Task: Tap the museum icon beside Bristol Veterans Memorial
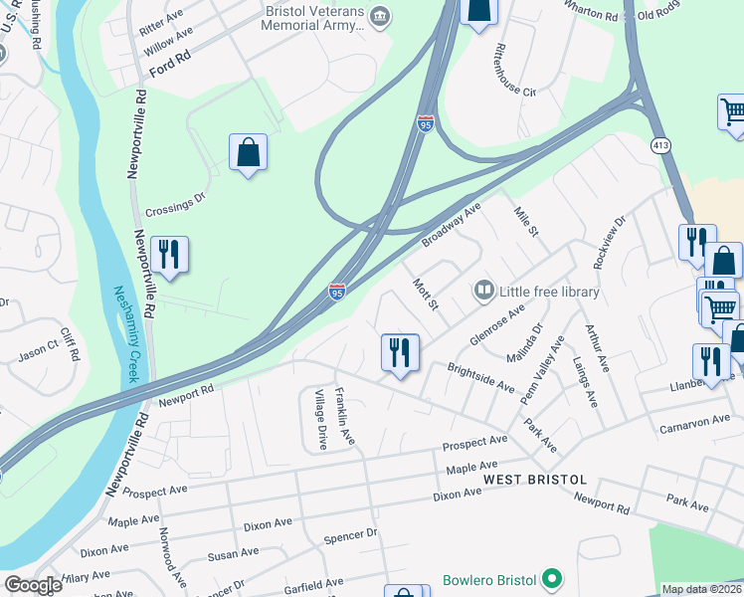point(380,16)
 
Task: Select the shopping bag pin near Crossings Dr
point(248,154)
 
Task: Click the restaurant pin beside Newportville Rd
point(169,255)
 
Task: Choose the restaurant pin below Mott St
point(400,353)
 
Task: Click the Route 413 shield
point(662,145)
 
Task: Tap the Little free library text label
point(548,292)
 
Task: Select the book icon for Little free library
point(484,291)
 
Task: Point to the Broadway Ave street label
point(452,225)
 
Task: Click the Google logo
point(33,585)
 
